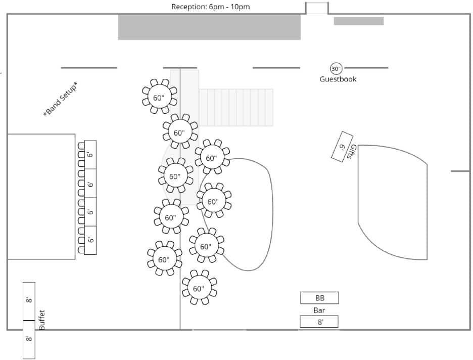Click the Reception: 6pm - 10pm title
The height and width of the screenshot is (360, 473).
210,7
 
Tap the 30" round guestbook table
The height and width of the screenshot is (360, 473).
336,68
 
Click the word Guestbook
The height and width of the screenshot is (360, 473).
338,79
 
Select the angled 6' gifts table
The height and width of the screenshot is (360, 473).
342,147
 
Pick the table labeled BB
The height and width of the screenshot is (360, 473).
319,298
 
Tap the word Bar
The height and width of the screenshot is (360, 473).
319,309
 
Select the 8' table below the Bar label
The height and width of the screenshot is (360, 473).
319,322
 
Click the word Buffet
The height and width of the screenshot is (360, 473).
42,320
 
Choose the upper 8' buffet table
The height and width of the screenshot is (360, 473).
29,301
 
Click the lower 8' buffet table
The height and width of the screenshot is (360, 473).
29,340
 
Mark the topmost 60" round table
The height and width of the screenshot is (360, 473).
159,97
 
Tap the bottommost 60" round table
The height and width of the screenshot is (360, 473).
199,288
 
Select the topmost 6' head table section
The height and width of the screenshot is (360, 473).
90,154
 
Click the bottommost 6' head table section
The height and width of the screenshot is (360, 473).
90,240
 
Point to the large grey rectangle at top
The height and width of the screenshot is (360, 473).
209,27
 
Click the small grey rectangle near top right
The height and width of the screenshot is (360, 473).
359,21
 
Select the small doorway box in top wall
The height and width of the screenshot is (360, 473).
317,8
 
